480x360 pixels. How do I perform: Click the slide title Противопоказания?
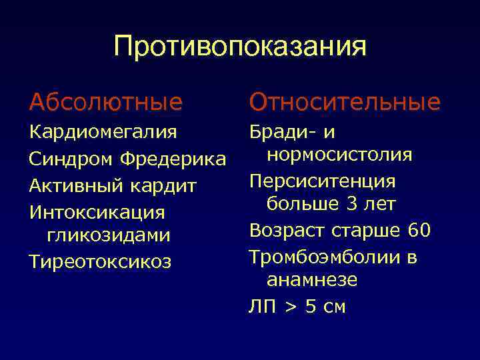pyautogui.click(x=240, y=47)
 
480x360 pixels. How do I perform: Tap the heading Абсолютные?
pyautogui.click(x=105, y=102)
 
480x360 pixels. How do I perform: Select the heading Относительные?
pyautogui.click(x=345, y=102)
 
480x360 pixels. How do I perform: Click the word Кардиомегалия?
pyautogui.click(x=103, y=132)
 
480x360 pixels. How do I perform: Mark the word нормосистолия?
pyautogui.click(x=339, y=155)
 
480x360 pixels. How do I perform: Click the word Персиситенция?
pyautogui.click(x=323, y=181)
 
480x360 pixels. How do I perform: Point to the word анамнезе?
pyautogui.click(x=312, y=280)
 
